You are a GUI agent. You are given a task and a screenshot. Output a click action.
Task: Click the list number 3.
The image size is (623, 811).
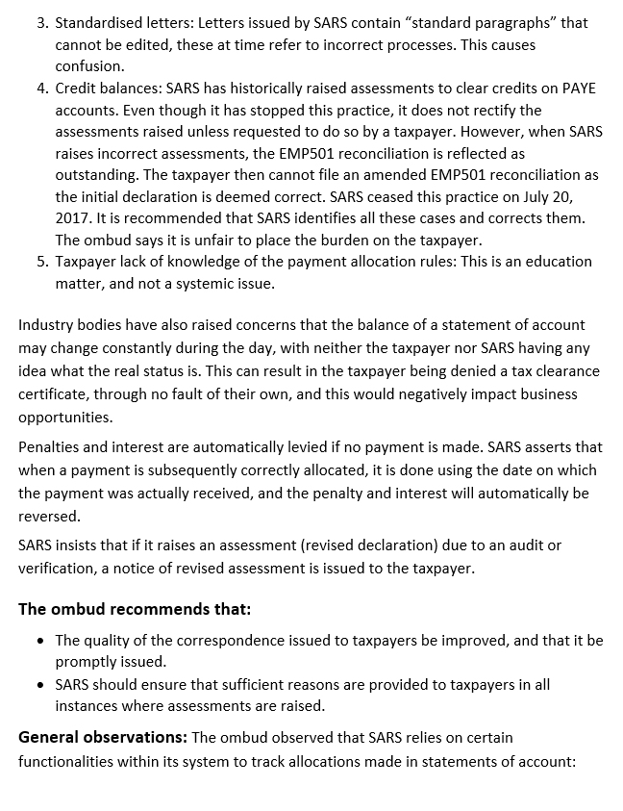41,22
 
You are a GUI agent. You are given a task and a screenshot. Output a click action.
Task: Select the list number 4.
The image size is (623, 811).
41,89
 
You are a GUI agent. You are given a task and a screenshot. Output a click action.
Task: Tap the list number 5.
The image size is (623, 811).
41,262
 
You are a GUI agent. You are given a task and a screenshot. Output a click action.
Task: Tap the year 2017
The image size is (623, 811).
72,218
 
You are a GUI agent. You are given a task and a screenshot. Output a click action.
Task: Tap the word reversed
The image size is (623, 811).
49,517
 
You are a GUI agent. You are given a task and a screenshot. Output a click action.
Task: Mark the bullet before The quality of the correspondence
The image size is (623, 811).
39,640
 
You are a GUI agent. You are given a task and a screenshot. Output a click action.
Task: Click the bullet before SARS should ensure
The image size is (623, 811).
39,685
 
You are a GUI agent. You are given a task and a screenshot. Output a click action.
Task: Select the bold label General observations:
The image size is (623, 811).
102,738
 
